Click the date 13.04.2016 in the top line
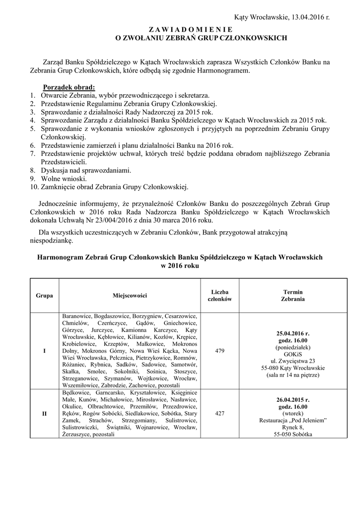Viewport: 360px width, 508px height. click(306, 17)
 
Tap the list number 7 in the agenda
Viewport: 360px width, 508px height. click(32, 154)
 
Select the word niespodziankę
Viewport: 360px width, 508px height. click(51, 241)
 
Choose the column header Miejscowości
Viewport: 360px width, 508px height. click(130, 296)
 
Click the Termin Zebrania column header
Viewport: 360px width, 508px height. click(292, 296)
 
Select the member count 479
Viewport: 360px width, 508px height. click(219, 351)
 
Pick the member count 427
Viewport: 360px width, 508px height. click(219, 413)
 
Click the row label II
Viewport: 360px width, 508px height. click(45, 413)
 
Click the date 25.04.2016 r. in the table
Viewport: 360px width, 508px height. click(293, 333)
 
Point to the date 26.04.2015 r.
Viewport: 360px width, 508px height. click(293, 399)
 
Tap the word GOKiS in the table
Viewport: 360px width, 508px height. click(293, 354)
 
